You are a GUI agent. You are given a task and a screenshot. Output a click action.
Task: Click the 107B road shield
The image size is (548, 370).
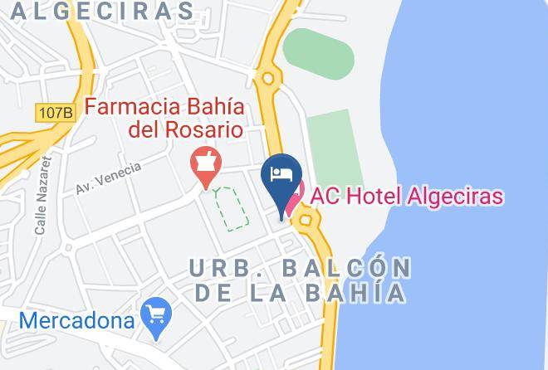click(56, 111)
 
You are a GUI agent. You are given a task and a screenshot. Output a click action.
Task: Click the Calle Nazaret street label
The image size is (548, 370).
click(42, 197)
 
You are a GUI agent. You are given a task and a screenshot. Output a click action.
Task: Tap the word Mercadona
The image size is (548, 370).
click(79, 319)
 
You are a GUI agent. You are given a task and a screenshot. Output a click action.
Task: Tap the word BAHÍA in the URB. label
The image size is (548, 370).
click(364, 292)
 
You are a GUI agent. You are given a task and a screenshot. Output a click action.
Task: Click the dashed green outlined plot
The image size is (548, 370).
click(231, 207)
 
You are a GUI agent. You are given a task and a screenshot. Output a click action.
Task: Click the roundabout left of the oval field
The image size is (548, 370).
click(268, 80)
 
